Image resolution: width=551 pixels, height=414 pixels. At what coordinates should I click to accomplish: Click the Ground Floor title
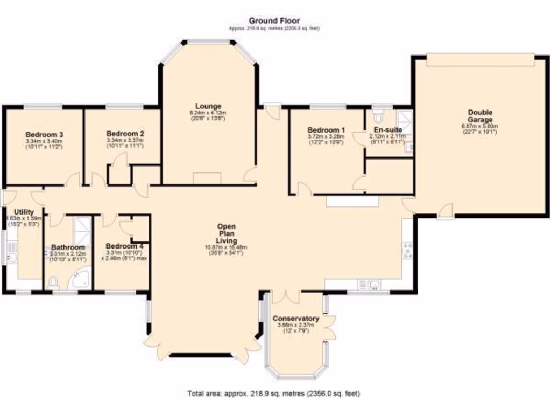pos(274,21)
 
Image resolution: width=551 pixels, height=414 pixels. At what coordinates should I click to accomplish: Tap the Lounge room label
pos(208,106)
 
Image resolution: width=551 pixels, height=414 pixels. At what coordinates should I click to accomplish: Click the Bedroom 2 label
pos(125,133)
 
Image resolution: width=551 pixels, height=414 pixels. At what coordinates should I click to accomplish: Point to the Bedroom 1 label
pos(326,130)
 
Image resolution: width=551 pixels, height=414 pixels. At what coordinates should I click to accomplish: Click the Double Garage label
pos(480,116)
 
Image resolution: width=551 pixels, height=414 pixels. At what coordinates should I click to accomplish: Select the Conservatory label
pos(295,319)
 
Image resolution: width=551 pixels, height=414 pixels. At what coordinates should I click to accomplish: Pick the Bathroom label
pos(68,247)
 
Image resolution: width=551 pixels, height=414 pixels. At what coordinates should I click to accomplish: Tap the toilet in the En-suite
pos(378,116)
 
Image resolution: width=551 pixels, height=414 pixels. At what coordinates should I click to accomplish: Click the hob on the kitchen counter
pos(408,250)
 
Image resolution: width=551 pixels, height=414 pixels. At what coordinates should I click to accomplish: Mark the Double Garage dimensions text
pos(480,129)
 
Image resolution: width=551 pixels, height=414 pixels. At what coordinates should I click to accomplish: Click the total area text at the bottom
pos(273,394)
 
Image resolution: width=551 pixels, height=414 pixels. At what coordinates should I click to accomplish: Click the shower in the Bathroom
pos(82,226)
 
